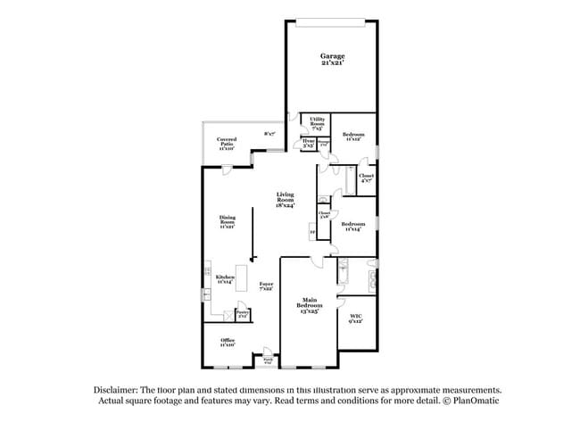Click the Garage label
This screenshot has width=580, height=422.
333,59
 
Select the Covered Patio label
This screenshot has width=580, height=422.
226,144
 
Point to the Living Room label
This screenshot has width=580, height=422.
286,199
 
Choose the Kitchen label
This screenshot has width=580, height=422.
224,280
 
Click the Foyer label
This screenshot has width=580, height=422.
266,285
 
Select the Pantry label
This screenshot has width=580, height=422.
242,313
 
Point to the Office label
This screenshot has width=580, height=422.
228,343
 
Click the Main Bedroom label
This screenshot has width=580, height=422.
310,303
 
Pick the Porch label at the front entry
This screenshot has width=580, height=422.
268,361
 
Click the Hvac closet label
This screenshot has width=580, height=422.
308,143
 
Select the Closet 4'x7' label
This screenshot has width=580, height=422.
366,178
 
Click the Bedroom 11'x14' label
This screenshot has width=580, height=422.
353,227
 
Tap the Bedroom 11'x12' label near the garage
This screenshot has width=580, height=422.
352,136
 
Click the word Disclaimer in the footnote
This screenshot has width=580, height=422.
116,390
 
